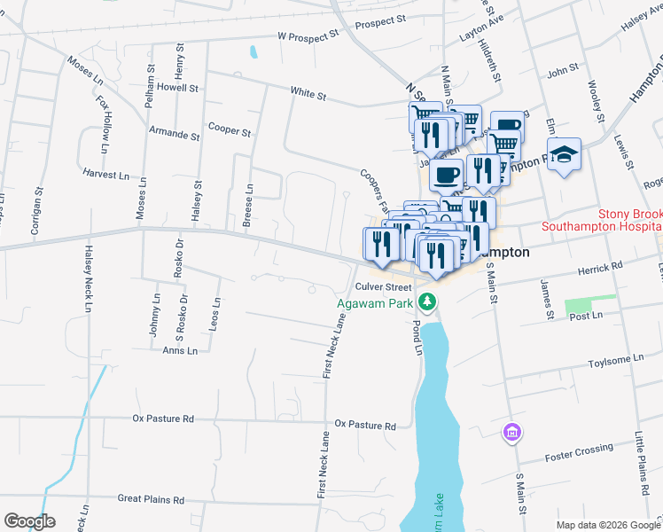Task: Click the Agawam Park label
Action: [376, 302]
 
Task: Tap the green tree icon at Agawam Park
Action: [428, 302]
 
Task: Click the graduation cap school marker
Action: [564, 154]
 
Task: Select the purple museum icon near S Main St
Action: [511, 433]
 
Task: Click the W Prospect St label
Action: [308, 36]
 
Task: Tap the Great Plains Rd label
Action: [151, 499]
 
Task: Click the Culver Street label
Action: [383, 286]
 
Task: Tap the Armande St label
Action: [174, 135]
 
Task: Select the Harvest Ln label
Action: [103, 174]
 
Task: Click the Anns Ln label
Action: [180, 350]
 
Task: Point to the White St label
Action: [308, 92]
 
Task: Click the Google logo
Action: [29, 521]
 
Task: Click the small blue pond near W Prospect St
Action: [254, 51]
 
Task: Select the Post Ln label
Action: [585, 315]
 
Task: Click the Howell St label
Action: [176, 87]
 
